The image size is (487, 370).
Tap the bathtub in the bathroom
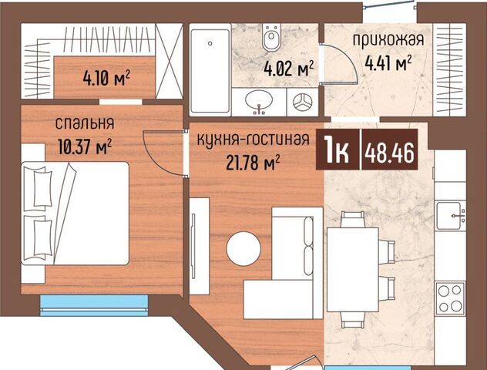coord(210,71)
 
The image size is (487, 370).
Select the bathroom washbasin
coord(259,102)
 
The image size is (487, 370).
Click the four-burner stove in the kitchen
coord(450,298)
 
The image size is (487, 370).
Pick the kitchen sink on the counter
coord(450,215)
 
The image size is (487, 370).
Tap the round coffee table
coord(243,248)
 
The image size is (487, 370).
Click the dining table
coord(353,270)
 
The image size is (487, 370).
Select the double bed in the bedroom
coord(76,213)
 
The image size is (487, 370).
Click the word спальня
coord(85,123)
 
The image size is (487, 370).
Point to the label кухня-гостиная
coord(254,140)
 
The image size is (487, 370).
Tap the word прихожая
coord(388,40)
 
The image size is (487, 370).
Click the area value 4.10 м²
coord(106,78)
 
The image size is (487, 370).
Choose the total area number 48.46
coord(390,153)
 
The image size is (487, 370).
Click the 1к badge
coord(337,153)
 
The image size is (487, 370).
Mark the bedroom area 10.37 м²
coord(85,146)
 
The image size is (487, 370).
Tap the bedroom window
coord(94,306)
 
